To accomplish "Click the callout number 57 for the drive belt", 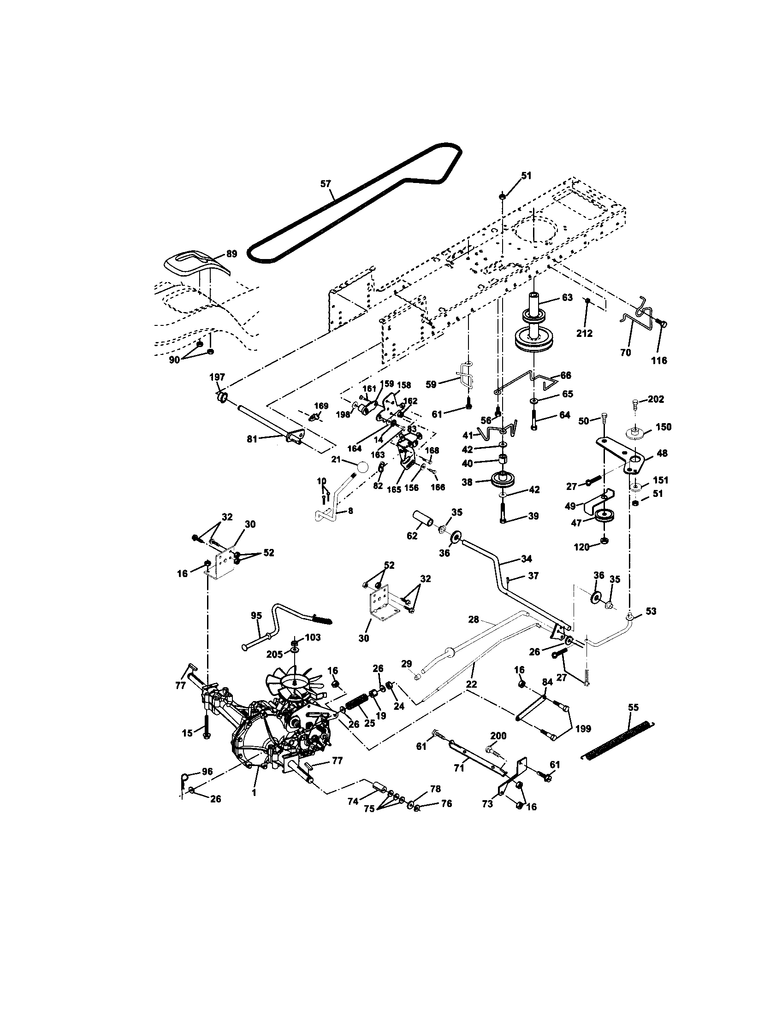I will [x=326, y=184].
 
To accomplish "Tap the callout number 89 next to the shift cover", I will [x=231, y=254].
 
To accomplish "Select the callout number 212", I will [x=584, y=333].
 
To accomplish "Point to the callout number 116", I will [x=659, y=360].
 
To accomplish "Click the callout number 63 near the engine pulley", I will [x=568, y=298].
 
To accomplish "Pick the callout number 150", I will [x=663, y=427].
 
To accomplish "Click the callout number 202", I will [x=656, y=399].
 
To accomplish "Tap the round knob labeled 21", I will [x=363, y=466].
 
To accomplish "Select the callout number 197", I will [x=217, y=377].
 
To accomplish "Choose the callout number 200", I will [x=498, y=736].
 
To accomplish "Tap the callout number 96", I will [x=207, y=772].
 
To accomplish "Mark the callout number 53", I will [x=651, y=612].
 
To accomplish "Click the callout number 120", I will [x=582, y=548].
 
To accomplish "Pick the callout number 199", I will [x=582, y=729].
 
